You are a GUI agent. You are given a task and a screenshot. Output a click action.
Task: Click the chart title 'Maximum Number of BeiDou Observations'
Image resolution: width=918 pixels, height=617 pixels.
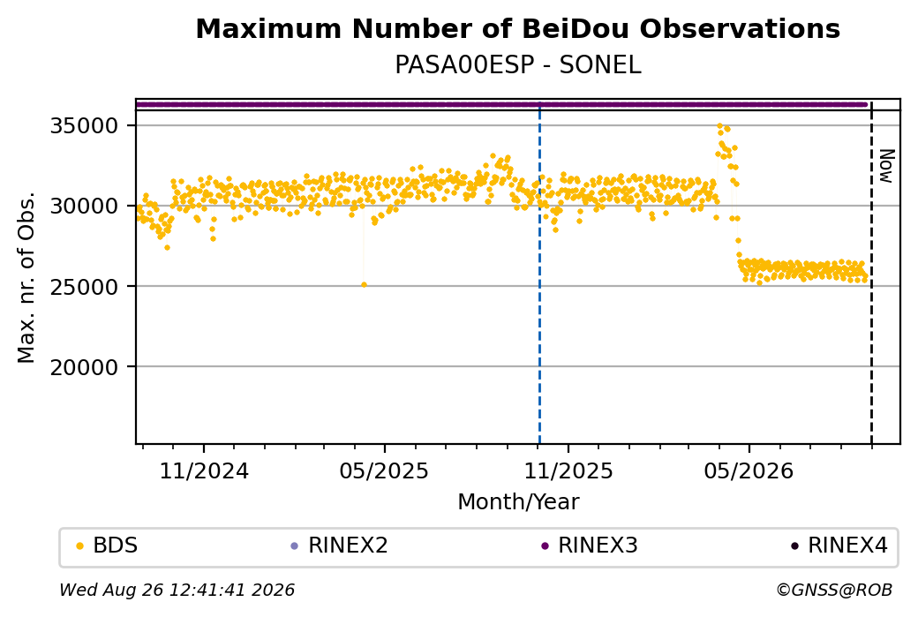click(517, 28)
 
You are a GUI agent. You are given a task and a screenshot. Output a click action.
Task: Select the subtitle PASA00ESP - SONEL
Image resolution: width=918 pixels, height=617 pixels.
click(517, 64)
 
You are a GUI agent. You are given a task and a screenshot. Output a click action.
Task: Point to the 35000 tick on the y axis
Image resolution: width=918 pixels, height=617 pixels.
click(84, 126)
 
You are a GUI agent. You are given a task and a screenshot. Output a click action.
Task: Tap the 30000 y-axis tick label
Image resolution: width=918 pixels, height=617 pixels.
click(84, 206)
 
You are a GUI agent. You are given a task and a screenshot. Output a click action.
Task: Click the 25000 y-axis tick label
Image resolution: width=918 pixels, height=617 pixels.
click(84, 286)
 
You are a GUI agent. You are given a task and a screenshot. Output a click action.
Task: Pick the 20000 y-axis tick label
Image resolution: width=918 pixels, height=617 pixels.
click(84, 367)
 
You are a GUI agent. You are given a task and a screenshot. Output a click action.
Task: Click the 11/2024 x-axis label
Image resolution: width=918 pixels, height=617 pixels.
click(204, 470)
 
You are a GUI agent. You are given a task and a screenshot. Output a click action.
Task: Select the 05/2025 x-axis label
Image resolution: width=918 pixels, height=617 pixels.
click(384, 470)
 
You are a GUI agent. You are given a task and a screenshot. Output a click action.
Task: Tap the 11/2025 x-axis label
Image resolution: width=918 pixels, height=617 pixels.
click(568, 470)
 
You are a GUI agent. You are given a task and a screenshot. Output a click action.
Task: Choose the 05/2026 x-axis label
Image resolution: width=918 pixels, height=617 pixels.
click(749, 470)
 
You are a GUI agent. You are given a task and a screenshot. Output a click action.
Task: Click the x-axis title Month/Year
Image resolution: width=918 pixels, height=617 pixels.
click(518, 501)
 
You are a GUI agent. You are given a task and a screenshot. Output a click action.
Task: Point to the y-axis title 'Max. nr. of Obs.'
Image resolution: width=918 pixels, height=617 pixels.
click(26, 277)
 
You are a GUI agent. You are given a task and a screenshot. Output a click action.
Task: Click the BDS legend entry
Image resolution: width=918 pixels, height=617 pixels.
click(107, 546)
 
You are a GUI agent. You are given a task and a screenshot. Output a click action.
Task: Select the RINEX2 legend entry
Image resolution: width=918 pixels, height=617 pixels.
click(340, 546)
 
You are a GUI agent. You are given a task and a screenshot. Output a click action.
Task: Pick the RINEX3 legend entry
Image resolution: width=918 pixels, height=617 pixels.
click(590, 546)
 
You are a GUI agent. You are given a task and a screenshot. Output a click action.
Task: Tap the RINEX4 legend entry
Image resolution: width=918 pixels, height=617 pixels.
click(839, 546)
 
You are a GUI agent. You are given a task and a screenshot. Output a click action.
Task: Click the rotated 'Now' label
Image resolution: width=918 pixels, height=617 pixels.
click(886, 166)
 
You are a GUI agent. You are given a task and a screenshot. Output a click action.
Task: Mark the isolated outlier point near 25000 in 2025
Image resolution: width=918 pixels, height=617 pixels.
click(364, 285)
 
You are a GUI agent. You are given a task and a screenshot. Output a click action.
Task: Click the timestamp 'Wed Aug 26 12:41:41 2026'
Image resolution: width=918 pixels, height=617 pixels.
click(177, 590)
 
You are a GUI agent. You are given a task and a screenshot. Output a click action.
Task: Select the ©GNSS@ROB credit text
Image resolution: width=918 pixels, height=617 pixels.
click(834, 590)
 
